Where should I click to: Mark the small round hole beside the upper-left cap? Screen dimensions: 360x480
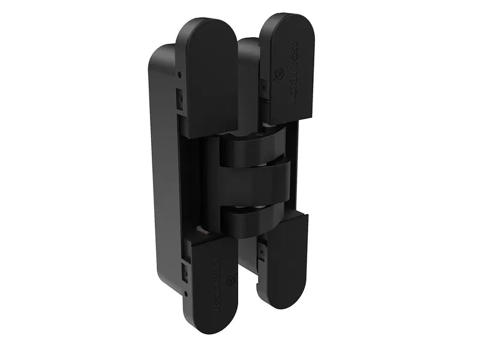[x=179, y=74]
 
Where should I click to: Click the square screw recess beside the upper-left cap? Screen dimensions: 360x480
[x=179, y=96]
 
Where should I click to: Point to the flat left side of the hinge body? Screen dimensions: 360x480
[x=164, y=180]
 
